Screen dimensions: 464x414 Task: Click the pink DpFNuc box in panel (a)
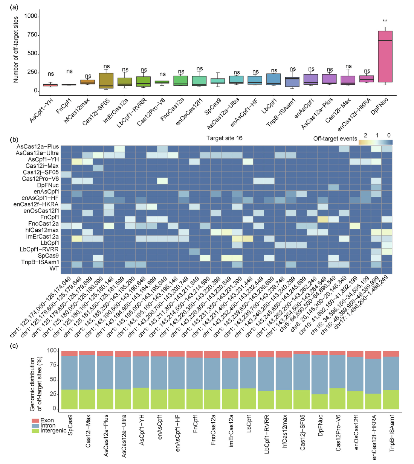click(x=385, y=56)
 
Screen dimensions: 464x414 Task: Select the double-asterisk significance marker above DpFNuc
click(x=385, y=21)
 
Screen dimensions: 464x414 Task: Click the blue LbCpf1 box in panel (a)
click(x=273, y=79)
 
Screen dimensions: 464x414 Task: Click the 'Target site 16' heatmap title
click(x=224, y=138)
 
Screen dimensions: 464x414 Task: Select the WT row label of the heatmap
click(x=54, y=269)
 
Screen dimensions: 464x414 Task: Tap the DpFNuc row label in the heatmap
click(x=48, y=185)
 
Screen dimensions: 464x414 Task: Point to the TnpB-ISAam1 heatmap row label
click(x=40, y=262)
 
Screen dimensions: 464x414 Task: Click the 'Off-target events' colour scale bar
click(x=375, y=142)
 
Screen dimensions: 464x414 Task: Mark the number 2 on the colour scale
click(x=365, y=135)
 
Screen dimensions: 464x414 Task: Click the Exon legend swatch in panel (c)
click(x=35, y=420)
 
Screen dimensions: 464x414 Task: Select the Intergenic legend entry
click(x=53, y=431)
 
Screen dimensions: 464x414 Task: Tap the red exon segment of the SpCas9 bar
click(x=69, y=353)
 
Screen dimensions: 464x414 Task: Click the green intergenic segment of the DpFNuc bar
click(x=320, y=402)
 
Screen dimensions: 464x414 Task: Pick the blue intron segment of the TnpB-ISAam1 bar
click(x=391, y=373)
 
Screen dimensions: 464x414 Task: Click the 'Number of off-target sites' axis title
click(x=15, y=50)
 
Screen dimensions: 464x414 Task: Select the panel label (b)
click(x=14, y=139)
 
